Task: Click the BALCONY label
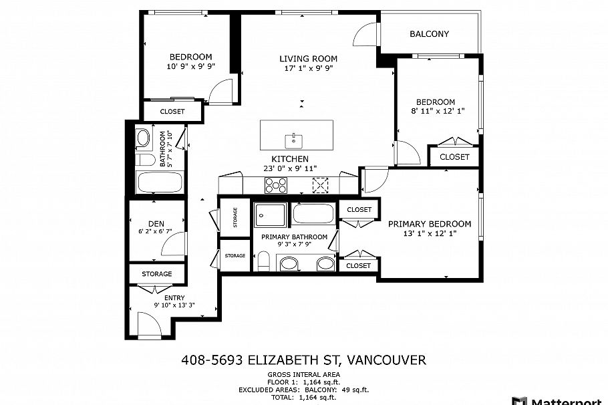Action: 429,34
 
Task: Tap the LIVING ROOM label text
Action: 308,59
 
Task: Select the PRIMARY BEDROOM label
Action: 430,224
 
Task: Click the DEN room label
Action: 156,223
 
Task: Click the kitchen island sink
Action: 294,140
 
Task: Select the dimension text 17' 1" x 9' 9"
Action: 308,68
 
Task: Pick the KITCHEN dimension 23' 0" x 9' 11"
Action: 289,168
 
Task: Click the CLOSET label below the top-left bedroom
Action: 172,112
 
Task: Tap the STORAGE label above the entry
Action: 156,274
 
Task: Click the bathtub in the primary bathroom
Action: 311,214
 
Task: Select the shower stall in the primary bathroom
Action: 271,215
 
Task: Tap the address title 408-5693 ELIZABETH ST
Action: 303,360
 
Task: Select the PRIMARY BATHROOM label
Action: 294,237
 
